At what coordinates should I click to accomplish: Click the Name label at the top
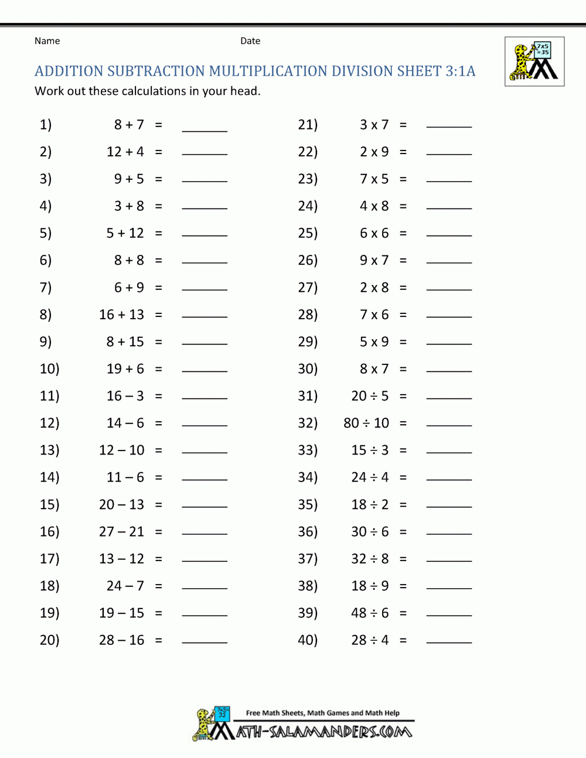pos(47,41)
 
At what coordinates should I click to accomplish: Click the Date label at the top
pos(250,41)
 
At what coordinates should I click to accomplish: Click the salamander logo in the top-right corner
pos(534,62)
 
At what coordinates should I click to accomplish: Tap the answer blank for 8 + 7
pos(205,128)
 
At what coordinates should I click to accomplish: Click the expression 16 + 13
pos(121,315)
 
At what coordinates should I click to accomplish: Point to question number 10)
pos(49,369)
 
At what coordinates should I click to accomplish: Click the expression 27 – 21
pos(121,531)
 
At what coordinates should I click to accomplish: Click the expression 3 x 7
pos(374,125)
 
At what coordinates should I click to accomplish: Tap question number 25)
pos(308,233)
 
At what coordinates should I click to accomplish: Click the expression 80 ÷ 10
pos(366,423)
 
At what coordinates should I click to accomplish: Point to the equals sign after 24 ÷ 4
pos(403,477)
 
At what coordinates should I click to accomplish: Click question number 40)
pos(308,640)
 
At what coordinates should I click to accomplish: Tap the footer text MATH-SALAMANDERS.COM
pos(324,732)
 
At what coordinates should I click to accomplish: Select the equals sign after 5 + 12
pos(158,233)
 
